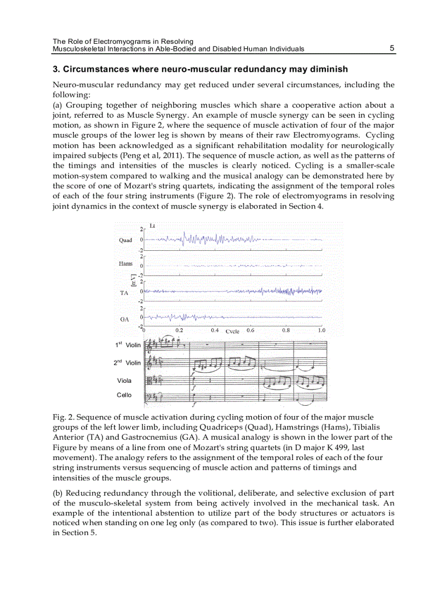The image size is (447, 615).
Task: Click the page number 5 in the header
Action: click(x=392, y=48)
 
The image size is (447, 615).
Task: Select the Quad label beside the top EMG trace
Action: click(x=125, y=240)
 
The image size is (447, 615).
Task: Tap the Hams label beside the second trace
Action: click(x=125, y=264)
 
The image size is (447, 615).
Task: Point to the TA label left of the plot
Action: click(x=124, y=294)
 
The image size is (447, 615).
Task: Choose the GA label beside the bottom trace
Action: click(x=124, y=319)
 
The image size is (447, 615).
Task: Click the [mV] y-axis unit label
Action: click(x=133, y=280)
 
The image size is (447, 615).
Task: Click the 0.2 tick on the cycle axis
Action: click(x=179, y=330)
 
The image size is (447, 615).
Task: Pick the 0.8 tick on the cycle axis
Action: click(x=286, y=330)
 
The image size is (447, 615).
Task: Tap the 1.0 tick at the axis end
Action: click(x=321, y=330)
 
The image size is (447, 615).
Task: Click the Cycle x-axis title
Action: click(x=232, y=331)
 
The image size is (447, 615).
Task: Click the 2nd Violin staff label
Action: click(x=127, y=363)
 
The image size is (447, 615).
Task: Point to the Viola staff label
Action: click(x=124, y=381)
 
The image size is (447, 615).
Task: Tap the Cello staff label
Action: click(x=124, y=395)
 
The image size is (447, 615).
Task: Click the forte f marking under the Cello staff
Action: click(x=194, y=406)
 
